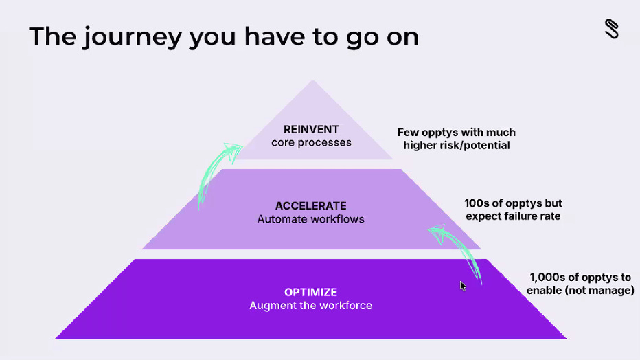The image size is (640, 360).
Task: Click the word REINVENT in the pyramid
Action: (x=311, y=129)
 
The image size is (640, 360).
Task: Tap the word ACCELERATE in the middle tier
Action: (x=311, y=205)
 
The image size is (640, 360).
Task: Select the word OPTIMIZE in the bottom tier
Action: (x=311, y=292)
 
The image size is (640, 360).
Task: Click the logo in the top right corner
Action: (x=611, y=29)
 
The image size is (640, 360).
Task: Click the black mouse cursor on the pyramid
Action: (x=463, y=285)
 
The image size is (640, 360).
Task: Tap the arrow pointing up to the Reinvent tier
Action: (x=216, y=171)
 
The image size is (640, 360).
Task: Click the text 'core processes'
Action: (x=311, y=143)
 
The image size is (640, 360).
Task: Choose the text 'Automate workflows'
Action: (x=311, y=219)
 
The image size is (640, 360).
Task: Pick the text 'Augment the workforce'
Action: (x=311, y=305)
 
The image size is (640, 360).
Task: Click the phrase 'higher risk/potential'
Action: (x=457, y=145)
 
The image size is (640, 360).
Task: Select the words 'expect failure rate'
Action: (x=513, y=216)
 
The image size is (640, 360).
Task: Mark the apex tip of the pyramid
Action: (x=313, y=82)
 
